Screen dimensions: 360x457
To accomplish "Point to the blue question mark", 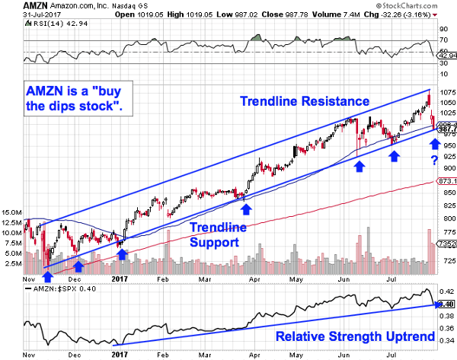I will click(x=433, y=158).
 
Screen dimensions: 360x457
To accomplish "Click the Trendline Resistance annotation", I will click(x=305, y=100).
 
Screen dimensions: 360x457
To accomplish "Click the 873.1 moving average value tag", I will click(x=446, y=181).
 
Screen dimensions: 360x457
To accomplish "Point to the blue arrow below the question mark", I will click(x=433, y=142).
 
